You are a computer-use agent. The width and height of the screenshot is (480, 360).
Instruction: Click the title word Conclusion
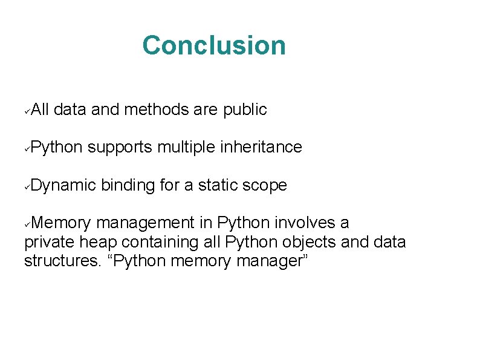coord(214,45)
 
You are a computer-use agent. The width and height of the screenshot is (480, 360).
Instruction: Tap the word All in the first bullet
coord(42,110)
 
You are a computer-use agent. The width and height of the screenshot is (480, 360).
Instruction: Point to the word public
coord(245,110)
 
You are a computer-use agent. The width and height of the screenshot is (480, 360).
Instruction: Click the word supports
coord(120,147)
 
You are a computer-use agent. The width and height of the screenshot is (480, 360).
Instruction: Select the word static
coord(216,185)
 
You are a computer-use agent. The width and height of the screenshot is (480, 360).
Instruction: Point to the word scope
coord(264,185)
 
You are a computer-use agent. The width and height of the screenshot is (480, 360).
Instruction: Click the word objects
coord(290,243)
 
